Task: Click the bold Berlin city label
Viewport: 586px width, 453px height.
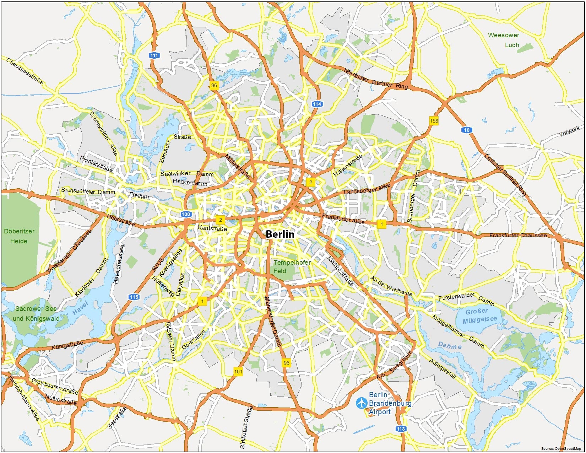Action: coord(280,234)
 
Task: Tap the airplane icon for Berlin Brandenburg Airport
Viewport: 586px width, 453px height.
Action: coord(362,403)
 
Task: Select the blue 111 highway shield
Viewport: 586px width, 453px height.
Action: coord(154,55)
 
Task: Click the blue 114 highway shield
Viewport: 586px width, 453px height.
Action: coord(317,104)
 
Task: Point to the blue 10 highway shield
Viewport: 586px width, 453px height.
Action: coord(467,130)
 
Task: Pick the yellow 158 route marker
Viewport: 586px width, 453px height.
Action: coord(434,121)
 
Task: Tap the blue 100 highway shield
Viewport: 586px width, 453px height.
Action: coord(186,214)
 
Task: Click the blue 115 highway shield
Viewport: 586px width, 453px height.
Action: coord(134,297)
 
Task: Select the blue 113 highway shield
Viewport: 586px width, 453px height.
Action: coord(401,429)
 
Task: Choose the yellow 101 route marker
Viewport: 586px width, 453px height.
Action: coord(238,372)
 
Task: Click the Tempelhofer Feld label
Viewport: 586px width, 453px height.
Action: coord(292,266)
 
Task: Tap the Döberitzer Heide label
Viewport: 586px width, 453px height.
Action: coord(19,236)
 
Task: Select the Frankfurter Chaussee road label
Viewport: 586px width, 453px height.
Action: coord(518,235)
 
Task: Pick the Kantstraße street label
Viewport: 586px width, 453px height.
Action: coord(212,228)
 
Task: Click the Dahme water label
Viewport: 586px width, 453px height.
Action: coord(450,345)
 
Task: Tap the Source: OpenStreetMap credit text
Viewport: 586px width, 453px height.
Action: coord(561,449)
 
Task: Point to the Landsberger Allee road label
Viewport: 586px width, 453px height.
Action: coord(367,189)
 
